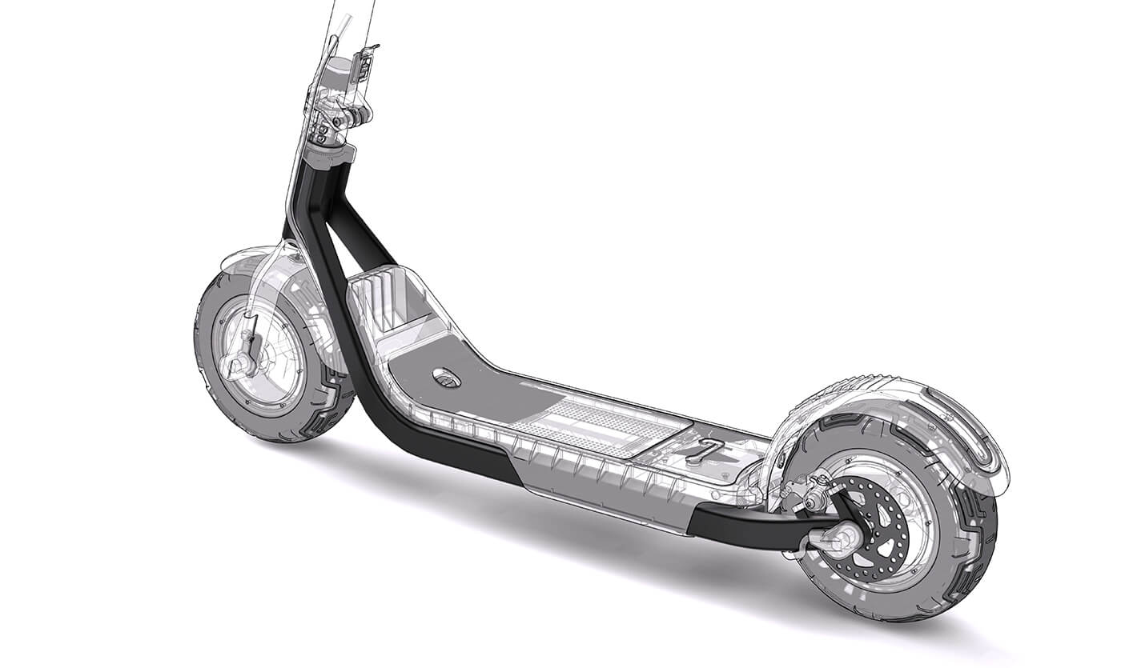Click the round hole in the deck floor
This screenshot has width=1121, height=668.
click(x=446, y=377)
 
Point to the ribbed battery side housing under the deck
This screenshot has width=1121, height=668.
click(x=593, y=480)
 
